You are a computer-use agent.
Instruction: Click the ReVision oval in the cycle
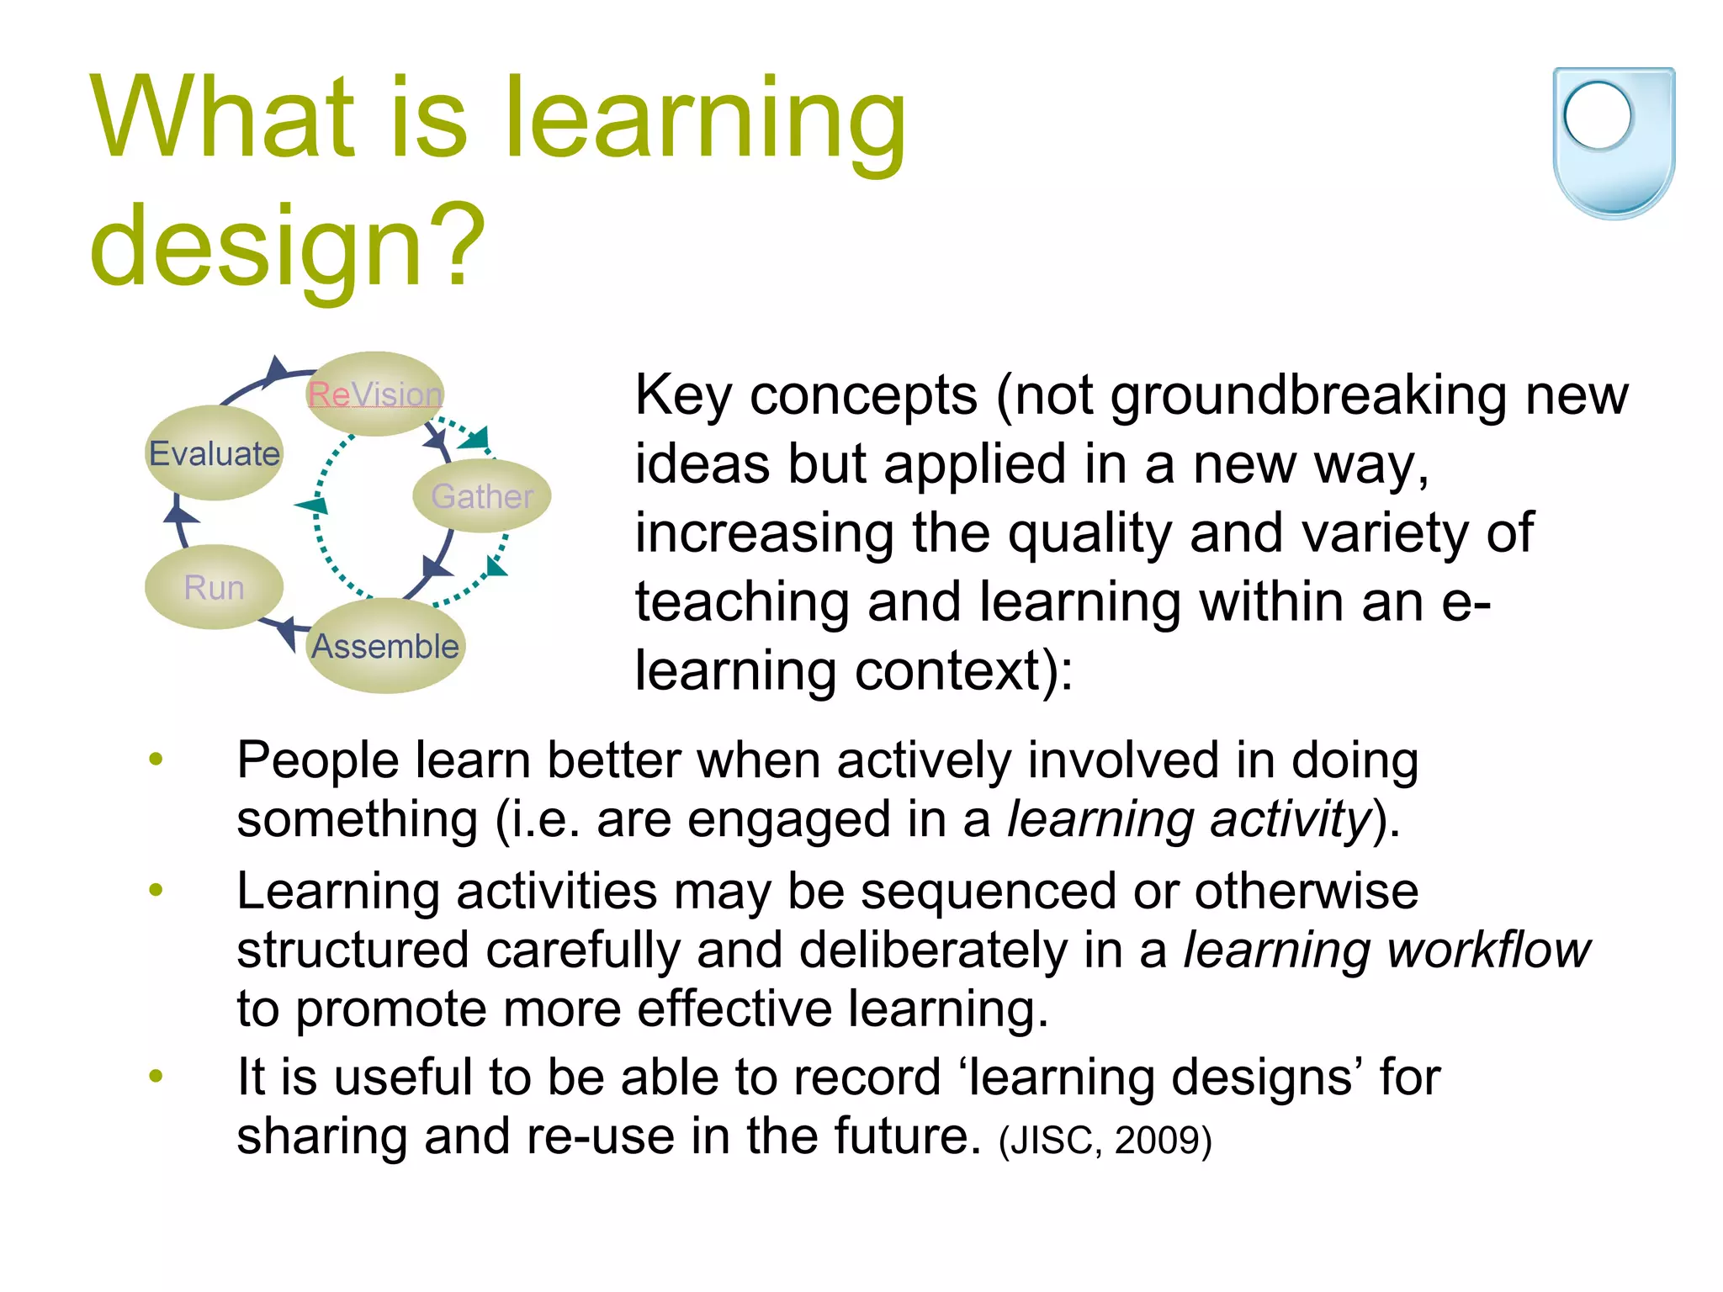click(375, 394)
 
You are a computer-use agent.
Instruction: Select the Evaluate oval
click(215, 453)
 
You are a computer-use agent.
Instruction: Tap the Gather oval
click(482, 496)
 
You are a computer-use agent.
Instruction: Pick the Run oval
click(214, 587)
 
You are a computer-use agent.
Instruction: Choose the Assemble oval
click(385, 646)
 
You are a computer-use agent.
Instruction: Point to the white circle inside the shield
click(1597, 116)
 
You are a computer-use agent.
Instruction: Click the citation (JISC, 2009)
click(1105, 1141)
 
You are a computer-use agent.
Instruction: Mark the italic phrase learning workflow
click(1386, 950)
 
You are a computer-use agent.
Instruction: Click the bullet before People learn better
click(156, 760)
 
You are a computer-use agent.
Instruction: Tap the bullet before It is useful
click(156, 1076)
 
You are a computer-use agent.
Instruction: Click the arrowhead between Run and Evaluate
click(178, 511)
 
